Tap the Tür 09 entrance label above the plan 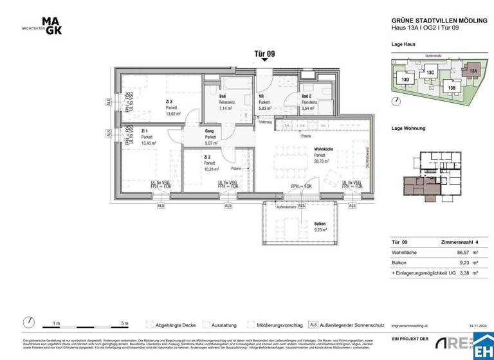(264, 54)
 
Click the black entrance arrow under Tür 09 (264, 61)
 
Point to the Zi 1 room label (145, 130)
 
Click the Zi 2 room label (208, 157)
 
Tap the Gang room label (210, 130)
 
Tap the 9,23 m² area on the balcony (320, 230)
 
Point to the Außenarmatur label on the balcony (286, 208)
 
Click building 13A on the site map (473, 70)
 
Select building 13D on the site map (405, 80)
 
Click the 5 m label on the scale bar (124, 323)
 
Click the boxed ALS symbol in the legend (314, 325)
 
